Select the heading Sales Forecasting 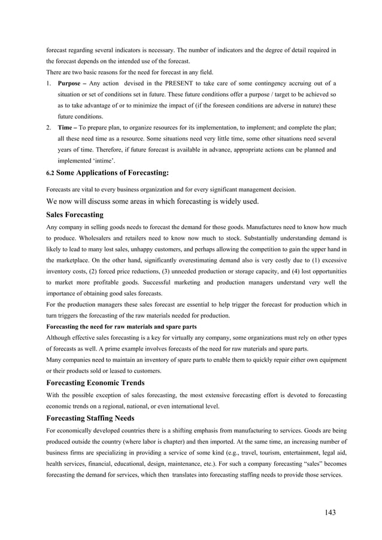coord(75,215)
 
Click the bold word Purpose coord(71,83)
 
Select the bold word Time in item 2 coord(66,127)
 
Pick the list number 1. coord(48,83)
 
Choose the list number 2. coord(48,127)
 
